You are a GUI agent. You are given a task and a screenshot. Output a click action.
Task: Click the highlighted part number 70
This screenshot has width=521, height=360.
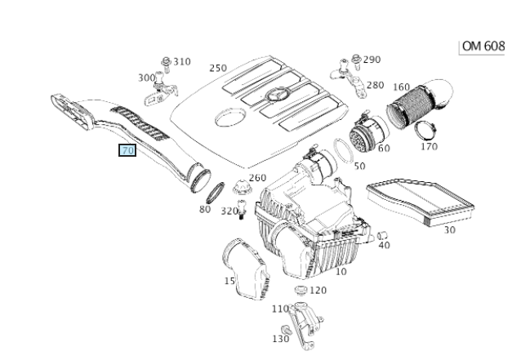(127, 151)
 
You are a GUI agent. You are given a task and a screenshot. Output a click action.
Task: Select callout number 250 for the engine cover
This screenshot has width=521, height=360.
(218, 68)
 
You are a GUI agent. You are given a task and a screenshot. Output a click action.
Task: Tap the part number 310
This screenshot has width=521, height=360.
(180, 61)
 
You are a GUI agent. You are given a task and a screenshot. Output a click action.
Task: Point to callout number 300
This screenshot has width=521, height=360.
(146, 78)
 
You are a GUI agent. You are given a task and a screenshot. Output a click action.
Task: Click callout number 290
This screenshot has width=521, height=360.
(372, 60)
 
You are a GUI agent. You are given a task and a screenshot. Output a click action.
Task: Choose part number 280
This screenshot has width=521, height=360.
(375, 85)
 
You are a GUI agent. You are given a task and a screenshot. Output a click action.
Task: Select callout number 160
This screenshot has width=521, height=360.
(401, 87)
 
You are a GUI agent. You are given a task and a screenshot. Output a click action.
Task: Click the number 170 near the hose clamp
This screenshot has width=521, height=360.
(427, 148)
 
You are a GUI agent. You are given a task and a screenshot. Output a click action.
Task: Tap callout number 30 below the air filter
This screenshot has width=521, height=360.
(449, 229)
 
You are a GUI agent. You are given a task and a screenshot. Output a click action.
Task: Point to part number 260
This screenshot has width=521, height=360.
(257, 178)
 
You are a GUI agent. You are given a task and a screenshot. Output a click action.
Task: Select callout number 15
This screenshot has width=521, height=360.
(230, 281)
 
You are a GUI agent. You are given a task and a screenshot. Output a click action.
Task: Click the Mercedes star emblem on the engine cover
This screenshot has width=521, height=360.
(276, 96)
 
